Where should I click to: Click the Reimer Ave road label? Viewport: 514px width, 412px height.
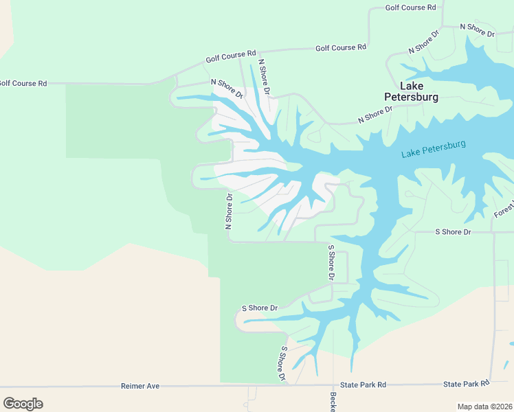coord(140,387)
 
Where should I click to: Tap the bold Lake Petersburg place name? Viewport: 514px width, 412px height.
coord(411,91)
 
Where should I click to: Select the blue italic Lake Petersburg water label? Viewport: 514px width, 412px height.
coord(434,149)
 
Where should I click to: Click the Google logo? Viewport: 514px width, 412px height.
coord(23,403)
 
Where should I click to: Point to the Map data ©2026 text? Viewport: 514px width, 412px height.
coord(484,407)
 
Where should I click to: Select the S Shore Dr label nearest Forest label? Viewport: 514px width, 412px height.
coord(453,232)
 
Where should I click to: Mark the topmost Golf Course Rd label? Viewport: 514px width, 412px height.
coord(411,8)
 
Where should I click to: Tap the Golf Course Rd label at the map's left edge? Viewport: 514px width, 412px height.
coord(23,83)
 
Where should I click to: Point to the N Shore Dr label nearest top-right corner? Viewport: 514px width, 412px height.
coord(477,30)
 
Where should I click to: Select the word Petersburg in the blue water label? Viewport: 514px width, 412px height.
coord(444,147)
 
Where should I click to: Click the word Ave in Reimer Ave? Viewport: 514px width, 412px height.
coord(153,387)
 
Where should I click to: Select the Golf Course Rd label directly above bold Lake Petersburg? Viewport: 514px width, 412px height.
coord(341,48)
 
